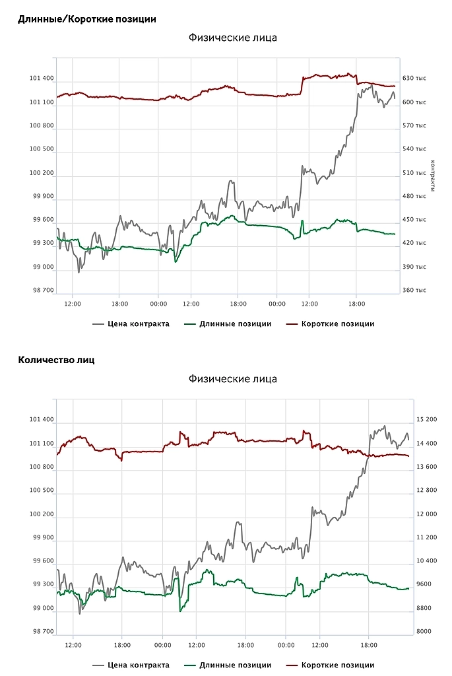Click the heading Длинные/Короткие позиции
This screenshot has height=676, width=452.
[87, 19]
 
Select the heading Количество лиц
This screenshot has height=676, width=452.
[57, 360]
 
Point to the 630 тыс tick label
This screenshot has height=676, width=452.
[414, 79]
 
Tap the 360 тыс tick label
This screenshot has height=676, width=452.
[414, 290]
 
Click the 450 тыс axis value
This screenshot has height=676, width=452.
[414, 220]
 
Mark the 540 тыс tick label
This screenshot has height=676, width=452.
[414, 149]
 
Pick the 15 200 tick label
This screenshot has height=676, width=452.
[423, 420]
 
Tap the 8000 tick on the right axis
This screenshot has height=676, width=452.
[423, 632]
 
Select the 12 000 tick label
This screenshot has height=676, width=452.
[423, 514]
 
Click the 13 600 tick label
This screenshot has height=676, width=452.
[423, 467]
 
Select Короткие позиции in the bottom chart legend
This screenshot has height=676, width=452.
[338, 665]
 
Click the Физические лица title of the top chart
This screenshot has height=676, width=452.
[232, 38]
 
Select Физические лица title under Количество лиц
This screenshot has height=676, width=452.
[232, 379]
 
